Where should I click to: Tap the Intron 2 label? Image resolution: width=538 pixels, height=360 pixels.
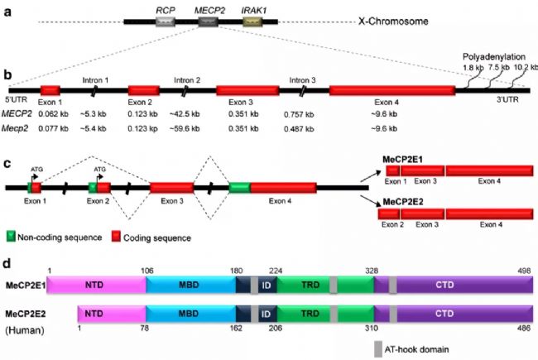pyautogui.click(x=188, y=79)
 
